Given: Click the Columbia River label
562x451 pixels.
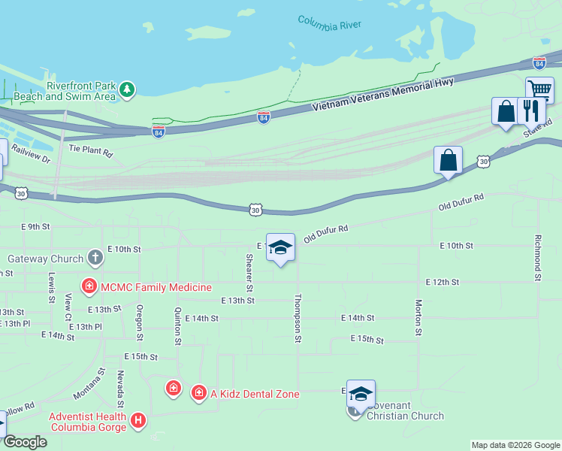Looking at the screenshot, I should point(330,23).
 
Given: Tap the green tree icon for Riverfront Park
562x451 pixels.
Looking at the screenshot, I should point(128,89).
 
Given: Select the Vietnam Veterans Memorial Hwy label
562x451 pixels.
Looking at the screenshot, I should point(383,94).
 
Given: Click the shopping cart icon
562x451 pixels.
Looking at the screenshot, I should point(539,88).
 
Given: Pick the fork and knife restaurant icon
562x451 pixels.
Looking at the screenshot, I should point(531,110).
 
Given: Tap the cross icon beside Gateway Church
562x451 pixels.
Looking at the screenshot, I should point(95,259).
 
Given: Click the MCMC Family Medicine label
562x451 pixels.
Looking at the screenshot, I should point(156,287).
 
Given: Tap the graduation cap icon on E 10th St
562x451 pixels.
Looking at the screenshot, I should point(280,247).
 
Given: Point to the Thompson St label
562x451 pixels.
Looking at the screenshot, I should point(298,319).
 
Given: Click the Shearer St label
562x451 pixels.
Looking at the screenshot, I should point(249,273).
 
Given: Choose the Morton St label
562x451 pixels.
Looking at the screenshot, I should point(418,318).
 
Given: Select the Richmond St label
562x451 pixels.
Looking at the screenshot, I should point(538,258).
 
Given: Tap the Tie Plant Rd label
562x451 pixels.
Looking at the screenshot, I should point(90,150).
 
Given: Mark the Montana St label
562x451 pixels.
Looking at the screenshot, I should point(89,384).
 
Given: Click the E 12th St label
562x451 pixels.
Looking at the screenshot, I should point(442,282).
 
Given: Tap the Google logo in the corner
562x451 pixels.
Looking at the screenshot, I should point(25,442).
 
